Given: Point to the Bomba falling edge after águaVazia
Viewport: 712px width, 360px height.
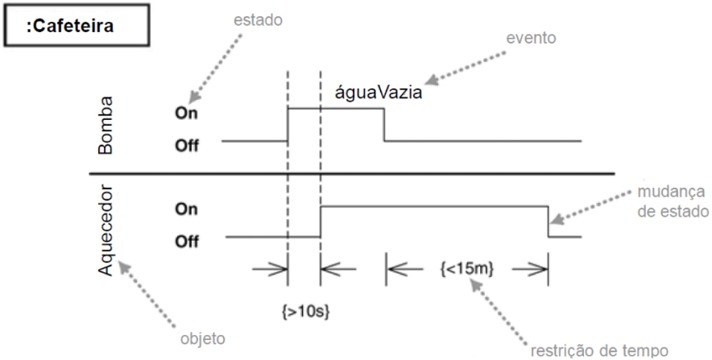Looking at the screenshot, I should (x=383, y=125).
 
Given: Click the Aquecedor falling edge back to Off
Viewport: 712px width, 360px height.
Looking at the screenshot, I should (x=548, y=221).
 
